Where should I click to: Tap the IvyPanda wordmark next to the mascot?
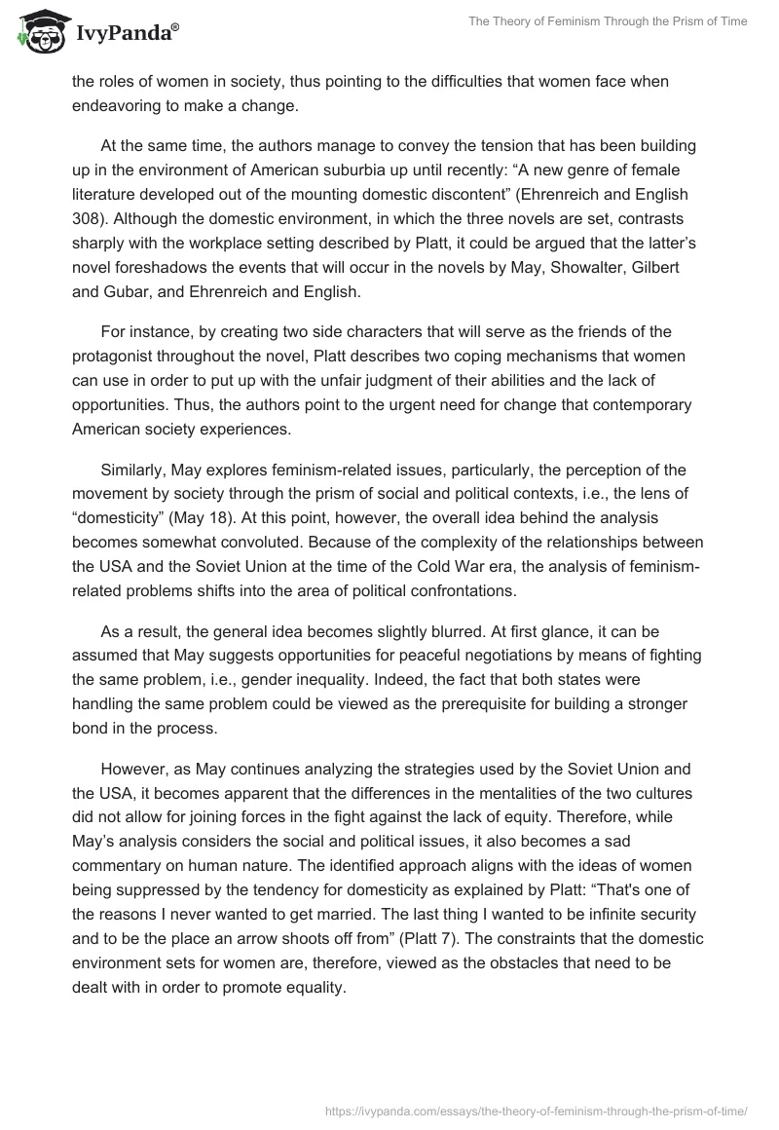pyautogui.click(x=125, y=33)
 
